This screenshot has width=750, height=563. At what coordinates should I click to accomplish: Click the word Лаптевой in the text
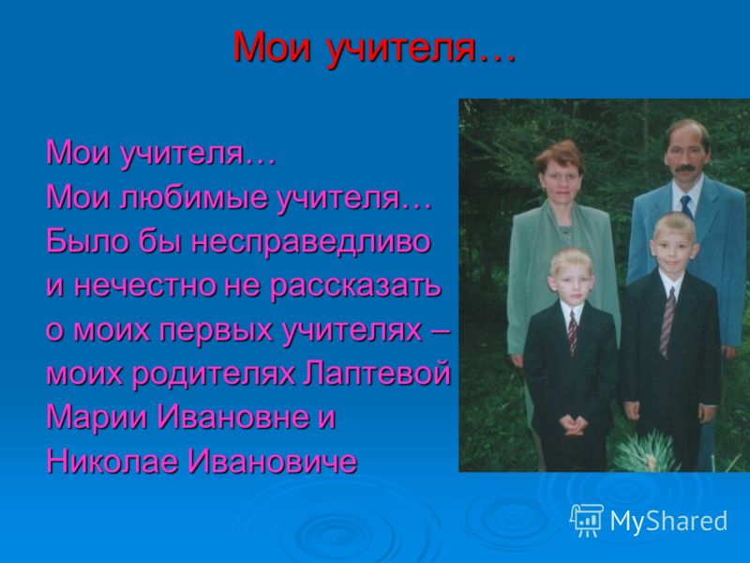coord(378,373)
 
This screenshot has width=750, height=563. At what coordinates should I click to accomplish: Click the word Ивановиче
coord(272,461)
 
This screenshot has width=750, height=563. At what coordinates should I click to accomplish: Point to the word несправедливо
coord(311,241)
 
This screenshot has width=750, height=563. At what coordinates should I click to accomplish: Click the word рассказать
coord(355,286)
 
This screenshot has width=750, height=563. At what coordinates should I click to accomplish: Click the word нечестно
coord(146,285)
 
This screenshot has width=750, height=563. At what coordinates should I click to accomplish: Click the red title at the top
coord(374,47)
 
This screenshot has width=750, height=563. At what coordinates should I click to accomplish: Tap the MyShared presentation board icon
coord(587,521)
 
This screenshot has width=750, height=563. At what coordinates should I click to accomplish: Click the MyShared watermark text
coord(668,521)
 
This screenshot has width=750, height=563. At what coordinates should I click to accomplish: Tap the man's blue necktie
coord(687,205)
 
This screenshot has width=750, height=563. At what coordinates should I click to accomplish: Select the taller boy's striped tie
coord(667,322)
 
